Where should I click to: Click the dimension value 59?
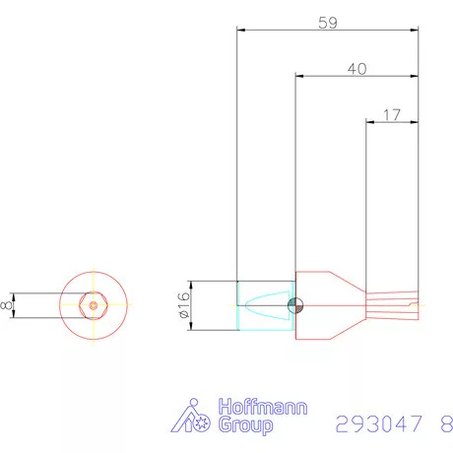328,22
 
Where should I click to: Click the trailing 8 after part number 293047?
446,424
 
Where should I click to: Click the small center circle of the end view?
93,305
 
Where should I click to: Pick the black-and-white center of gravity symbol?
295,306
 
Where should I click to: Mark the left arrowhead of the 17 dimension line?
370,122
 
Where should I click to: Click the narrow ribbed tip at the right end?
393,305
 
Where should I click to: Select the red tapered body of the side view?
330,305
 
